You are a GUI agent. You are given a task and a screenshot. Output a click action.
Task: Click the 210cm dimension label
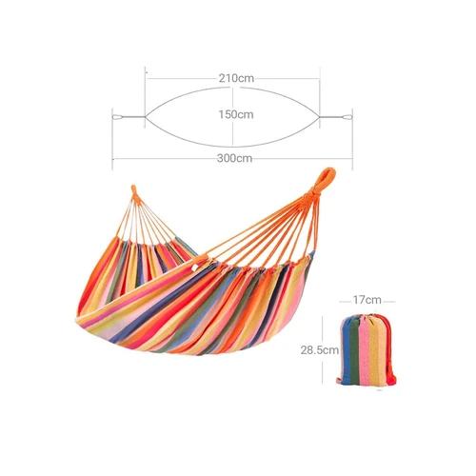[236, 78]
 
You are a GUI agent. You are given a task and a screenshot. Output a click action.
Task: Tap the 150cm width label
[236, 114]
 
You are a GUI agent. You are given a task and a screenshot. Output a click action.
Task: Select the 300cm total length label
[234, 158]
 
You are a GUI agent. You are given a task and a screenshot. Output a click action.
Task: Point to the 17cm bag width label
[367, 300]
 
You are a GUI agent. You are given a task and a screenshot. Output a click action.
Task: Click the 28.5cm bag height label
[320, 350]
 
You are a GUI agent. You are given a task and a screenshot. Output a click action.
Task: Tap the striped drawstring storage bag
[367, 349]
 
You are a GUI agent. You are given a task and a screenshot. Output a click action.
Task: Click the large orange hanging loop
[325, 181]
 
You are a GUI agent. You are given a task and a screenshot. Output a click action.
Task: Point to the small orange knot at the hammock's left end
[134, 192]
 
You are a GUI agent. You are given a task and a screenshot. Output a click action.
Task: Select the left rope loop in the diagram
[117, 117]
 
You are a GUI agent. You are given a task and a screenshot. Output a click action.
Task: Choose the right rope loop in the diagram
[347, 117]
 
